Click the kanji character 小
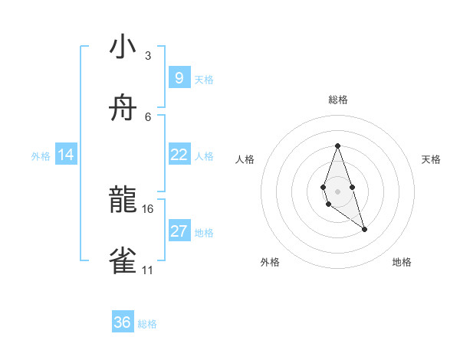(x=123, y=47)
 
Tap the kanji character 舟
(x=123, y=109)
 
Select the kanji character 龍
(x=123, y=201)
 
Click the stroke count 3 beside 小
(x=148, y=56)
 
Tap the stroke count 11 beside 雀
(x=147, y=270)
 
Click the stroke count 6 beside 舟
(x=148, y=117)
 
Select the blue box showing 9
(x=179, y=77)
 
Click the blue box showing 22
(x=179, y=155)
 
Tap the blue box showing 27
(x=179, y=231)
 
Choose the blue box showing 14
(x=66, y=155)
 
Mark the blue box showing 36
(x=123, y=322)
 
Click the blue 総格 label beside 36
(x=147, y=324)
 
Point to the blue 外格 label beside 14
(x=41, y=156)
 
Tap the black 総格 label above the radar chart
(x=337, y=100)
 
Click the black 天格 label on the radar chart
(x=432, y=159)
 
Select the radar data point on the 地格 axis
(x=364, y=229)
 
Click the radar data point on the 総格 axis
(x=337, y=146)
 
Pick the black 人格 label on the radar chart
(x=245, y=159)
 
